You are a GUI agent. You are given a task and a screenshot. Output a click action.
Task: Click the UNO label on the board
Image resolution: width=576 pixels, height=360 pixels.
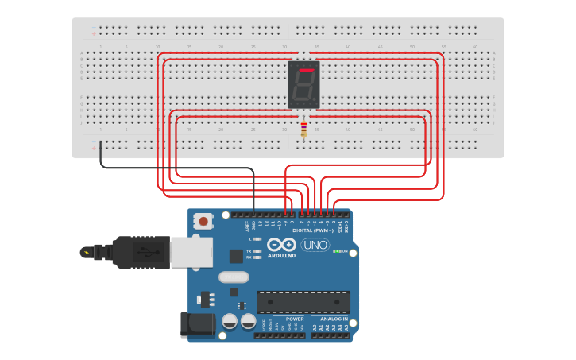pyautogui.click(x=315, y=246)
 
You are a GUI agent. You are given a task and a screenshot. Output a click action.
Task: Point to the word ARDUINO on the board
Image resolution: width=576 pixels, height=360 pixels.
pyautogui.click(x=281, y=256)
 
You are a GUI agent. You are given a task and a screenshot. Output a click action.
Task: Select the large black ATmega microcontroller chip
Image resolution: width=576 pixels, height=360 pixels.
pyautogui.click(x=303, y=302)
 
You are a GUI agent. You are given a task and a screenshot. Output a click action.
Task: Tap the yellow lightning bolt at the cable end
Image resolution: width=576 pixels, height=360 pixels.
pyautogui.click(x=85, y=253)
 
